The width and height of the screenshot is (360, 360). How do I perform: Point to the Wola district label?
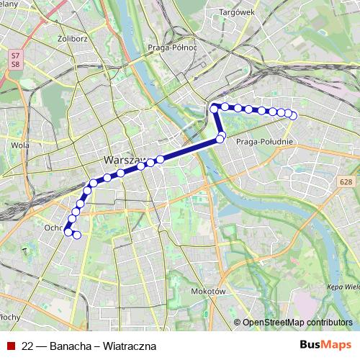(20, 145)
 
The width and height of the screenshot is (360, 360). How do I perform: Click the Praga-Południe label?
(264, 142)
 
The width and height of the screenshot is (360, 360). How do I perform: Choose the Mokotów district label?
(210, 291)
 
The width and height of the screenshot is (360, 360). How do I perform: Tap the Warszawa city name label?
(125, 160)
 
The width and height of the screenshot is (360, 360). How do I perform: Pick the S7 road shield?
(15, 55)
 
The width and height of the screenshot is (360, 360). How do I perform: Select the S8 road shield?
(15, 64)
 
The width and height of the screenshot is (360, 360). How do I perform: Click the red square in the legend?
(11, 346)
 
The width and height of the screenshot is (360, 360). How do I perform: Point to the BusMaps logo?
(325, 345)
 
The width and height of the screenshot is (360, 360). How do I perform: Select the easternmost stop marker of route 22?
(293, 116)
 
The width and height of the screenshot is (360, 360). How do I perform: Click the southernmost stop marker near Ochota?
(77, 235)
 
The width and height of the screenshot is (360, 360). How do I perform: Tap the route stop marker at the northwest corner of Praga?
(214, 108)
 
